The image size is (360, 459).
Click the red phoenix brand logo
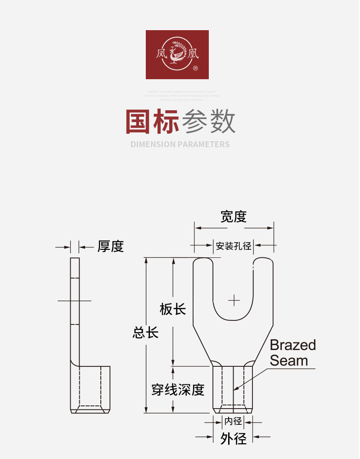[x=177, y=54]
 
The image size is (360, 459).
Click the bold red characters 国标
[x=152, y=121]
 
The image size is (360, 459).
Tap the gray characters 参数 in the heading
[x=208, y=121]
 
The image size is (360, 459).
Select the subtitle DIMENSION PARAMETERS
[x=180, y=144]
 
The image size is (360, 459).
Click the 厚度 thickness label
[x=110, y=246]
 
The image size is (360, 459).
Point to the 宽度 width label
[x=234, y=216]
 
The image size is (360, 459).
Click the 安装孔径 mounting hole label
[x=233, y=246]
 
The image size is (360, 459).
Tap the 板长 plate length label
[x=173, y=309]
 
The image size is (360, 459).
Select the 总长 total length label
[x=145, y=333]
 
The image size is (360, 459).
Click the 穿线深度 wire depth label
[x=178, y=389]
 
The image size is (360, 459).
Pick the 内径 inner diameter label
[x=234, y=422]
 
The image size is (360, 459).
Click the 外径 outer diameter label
[x=234, y=438]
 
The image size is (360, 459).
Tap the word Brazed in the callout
[x=293, y=345]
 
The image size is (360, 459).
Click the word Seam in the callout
[x=289, y=360]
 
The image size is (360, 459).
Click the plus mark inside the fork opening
[x=234, y=300]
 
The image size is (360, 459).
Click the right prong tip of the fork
[x=264, y=261]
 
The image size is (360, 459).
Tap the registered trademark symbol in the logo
[x=195, y=68]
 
